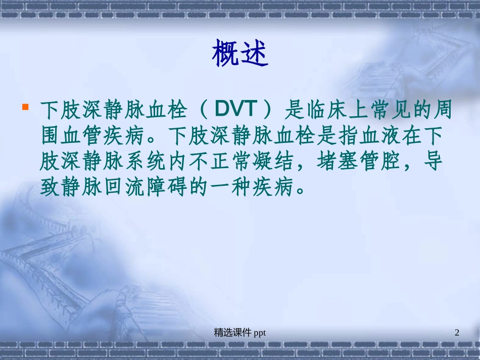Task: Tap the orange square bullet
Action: [x=25, y=107]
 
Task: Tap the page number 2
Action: [x=457, y=332]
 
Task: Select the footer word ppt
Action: [x=260, y=333]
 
